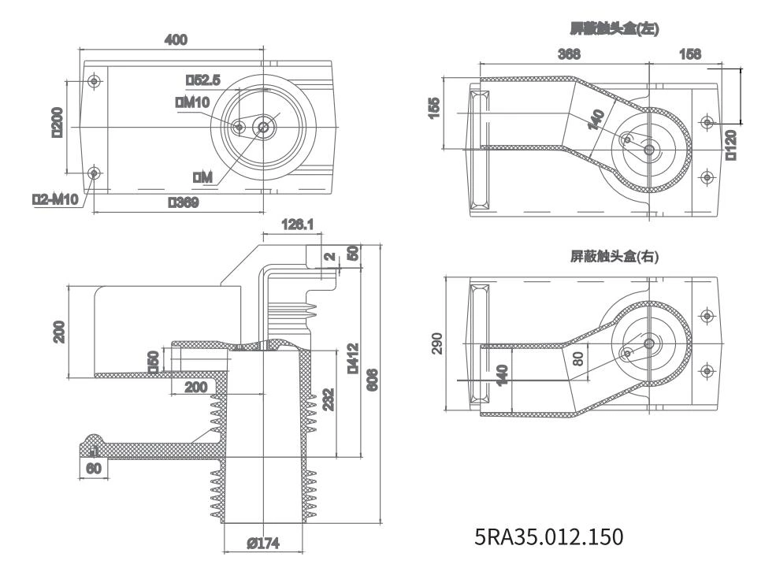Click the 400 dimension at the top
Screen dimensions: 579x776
(x=175, y=40)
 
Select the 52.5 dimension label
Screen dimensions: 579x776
(x=202, y=80)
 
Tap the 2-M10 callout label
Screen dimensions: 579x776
(x=55, y=199)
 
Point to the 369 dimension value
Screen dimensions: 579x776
(x=183, y=202)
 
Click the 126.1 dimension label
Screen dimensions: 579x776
(x=297, y=225)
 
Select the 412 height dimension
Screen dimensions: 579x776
(x=353, y=358)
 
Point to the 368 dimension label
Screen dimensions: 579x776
(x=569, y=54)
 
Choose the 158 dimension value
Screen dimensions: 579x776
(x=689, y=54)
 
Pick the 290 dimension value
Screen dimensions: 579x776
(x=437, y=344)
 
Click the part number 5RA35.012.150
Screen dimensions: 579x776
(x=549, y=537)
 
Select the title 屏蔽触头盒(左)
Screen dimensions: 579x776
(x=614, y=29)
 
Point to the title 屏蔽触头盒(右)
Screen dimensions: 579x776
(x=614, y=256)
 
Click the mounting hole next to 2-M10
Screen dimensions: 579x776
(x=95, y=173)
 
